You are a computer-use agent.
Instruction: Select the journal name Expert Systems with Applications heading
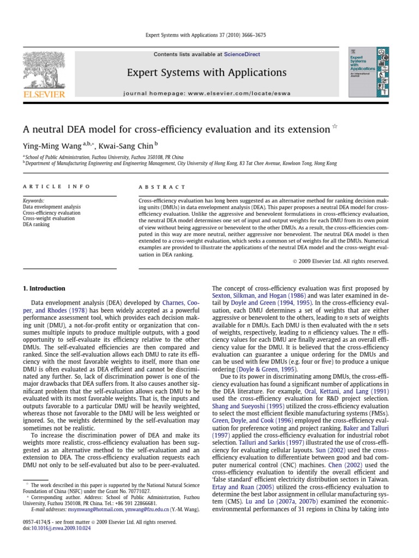pyautogui.click(x=206, y=72)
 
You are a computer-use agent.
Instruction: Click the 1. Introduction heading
pyautogui.click(x=44, y=288)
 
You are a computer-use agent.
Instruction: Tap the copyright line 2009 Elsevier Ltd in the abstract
pyautogui.click(x=339, y=261)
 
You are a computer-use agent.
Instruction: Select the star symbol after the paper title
pyautogui.click(x=335, y=127)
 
